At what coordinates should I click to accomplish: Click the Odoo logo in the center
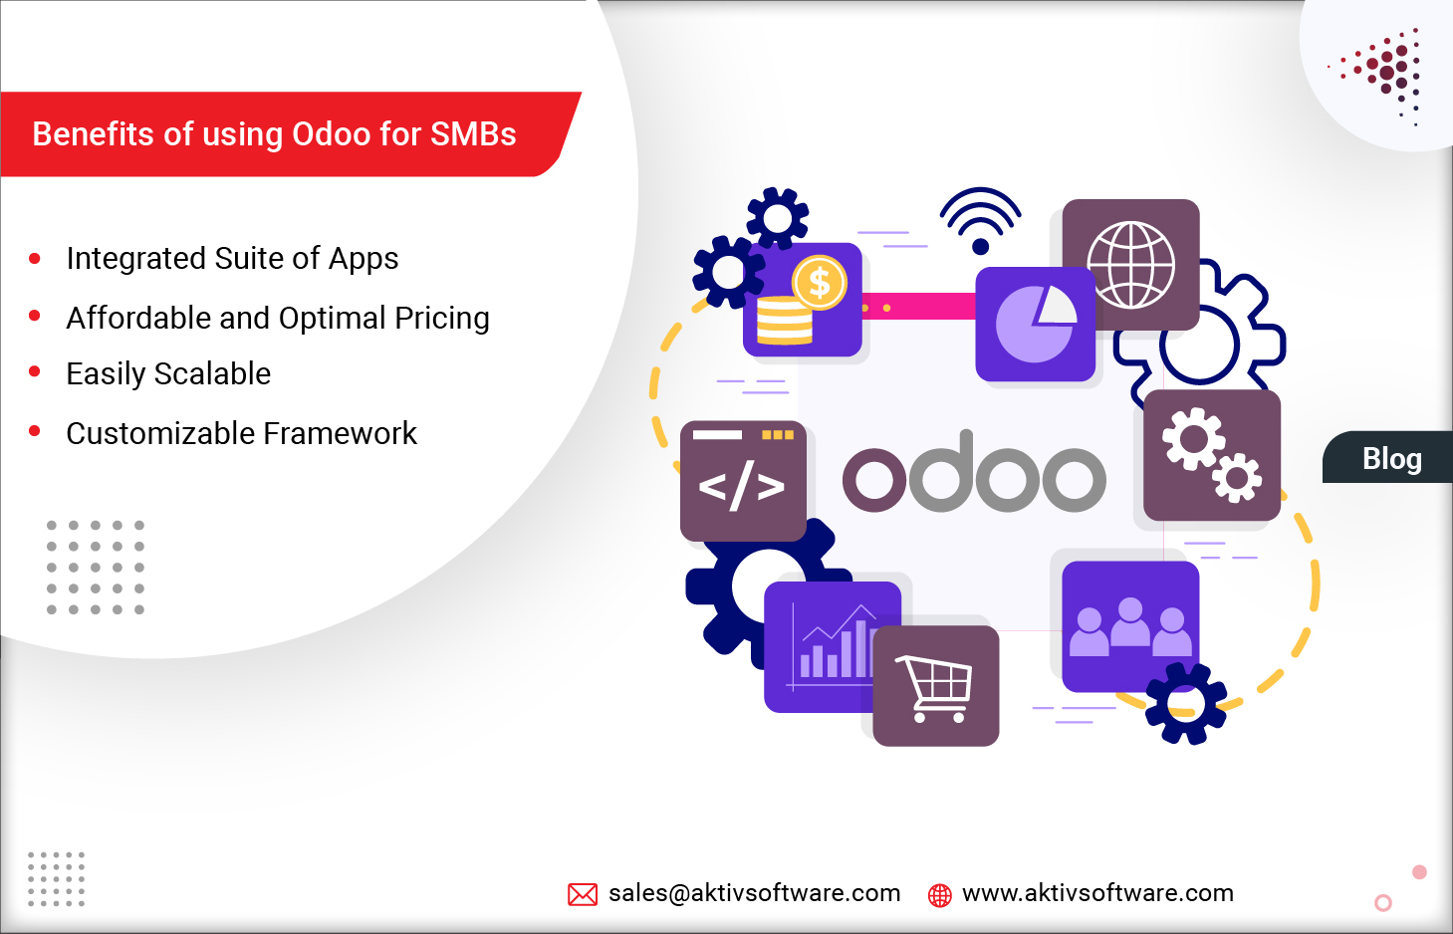point(973,475)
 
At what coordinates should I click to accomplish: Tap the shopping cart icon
point(935,686)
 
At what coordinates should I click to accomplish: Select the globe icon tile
point(1130,265)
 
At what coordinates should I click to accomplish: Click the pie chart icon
point(1035,324)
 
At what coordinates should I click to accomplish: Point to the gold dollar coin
point(819,283)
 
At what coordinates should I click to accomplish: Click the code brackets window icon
point(742,482)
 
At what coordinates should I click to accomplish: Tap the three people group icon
point(1130,626)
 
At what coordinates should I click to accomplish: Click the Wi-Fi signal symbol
point(980,220)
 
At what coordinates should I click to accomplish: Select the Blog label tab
point(1391,458)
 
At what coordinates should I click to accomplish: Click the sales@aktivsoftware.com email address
point(754,893)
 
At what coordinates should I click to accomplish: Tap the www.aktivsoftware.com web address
point(1097,893)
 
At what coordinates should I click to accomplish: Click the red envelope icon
point(582,894)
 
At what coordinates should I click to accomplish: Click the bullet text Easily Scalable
point(168,373)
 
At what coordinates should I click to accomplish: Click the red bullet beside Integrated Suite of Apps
point(35,258)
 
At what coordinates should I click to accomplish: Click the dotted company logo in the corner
point(1385,73)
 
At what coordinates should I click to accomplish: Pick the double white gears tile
point(1211,455)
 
